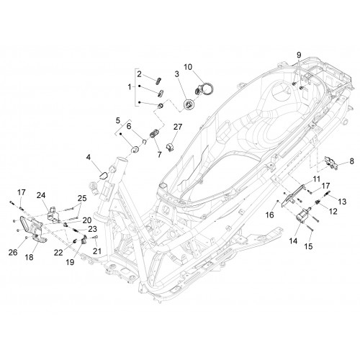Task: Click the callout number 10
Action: (188, 67)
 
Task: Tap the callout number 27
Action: (178, 127)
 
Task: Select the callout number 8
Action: (351, 161)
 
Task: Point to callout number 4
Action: (89, 157)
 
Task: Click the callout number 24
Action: (41, 195)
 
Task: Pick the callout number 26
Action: (13, 252)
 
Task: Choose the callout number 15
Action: (309, 246)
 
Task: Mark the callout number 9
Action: (299, 55)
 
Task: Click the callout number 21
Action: (97, 251)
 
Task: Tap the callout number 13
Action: (342, 202)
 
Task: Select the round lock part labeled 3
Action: (189, 105)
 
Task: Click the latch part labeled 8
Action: (331, 163)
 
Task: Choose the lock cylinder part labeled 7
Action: (154, 133)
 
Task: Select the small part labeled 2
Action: (159, 81)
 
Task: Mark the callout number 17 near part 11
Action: (326, 186)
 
